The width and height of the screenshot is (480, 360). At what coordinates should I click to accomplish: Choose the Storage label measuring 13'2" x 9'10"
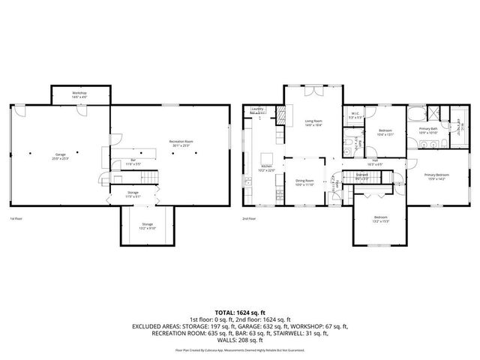click(147, 226)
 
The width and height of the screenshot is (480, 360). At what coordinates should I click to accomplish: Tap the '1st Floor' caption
click(15, 218)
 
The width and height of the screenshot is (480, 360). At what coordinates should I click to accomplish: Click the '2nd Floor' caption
click(248, 218)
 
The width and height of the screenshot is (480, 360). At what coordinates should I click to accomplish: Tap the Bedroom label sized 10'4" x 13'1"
click(385, 133)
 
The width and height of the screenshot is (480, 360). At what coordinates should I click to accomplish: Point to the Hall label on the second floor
click(374, 162)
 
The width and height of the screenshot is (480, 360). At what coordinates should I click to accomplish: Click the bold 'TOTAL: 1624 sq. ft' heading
click(240, 312)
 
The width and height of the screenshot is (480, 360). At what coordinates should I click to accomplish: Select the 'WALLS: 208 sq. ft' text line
click(240, 340)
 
